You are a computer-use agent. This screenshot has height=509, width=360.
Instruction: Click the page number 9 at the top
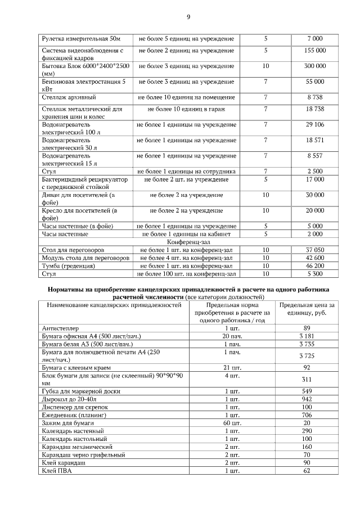188,16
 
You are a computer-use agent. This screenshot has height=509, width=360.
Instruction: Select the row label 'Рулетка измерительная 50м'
81,38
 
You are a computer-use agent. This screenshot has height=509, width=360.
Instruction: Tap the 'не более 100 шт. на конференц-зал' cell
187,274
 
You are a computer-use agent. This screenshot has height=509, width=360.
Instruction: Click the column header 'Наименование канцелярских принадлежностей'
112,305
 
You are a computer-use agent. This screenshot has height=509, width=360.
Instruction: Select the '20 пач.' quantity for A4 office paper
232,336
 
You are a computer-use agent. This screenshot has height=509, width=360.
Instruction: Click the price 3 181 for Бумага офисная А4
307,336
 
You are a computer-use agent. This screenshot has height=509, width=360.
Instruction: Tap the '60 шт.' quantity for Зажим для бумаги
232,422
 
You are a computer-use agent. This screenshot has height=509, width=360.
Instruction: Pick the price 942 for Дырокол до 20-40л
307,398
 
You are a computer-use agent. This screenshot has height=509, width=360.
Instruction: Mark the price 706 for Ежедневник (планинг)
307,415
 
